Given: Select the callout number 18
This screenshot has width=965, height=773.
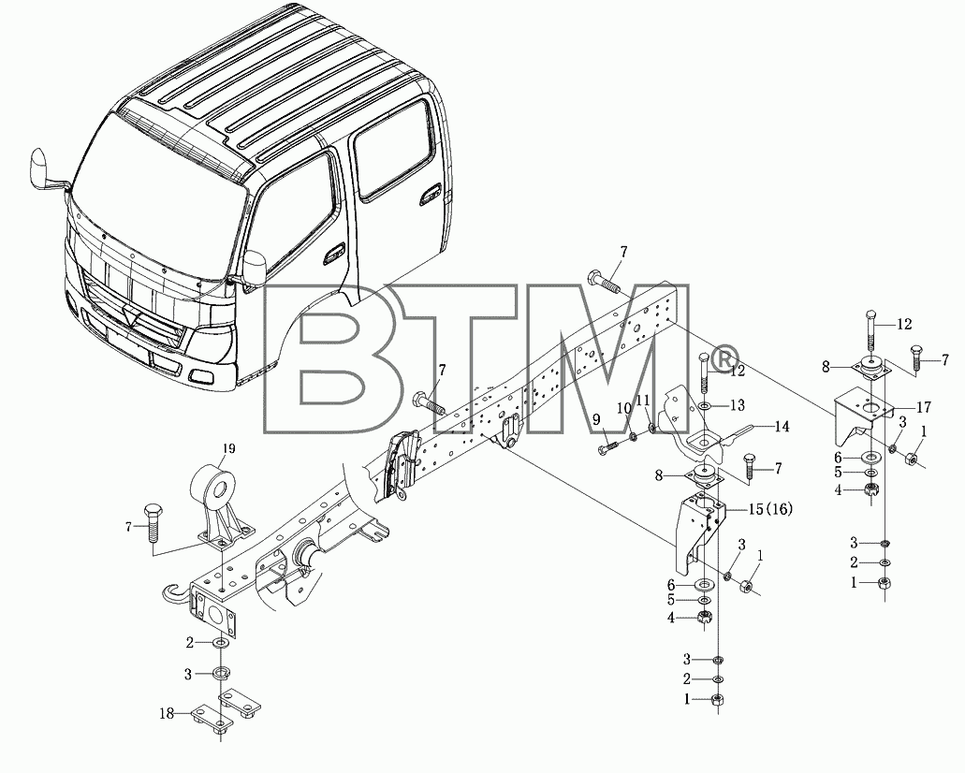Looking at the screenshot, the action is (167, 714).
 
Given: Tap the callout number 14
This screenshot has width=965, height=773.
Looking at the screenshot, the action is (782, 426).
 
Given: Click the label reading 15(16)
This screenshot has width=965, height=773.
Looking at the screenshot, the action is (770, 509).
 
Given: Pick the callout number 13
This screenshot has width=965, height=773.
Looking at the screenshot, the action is (738, 405).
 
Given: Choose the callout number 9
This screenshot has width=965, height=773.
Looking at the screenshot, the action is (595, 420).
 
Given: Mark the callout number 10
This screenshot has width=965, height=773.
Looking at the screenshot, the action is (624, 407).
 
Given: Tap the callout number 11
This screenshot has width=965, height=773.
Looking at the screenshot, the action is (643, 401).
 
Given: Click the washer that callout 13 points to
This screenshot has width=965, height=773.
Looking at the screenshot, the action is (705, 406).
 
